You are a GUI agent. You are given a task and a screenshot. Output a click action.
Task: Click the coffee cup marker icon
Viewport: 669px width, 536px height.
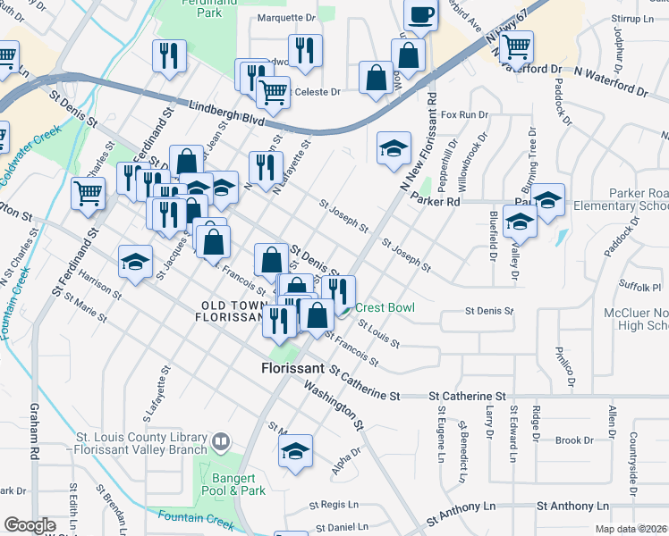(420, 15)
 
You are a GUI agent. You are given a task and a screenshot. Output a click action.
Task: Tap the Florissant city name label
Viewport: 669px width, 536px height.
(292, 367)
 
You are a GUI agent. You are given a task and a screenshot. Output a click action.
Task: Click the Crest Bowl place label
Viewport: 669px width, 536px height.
(385, 307)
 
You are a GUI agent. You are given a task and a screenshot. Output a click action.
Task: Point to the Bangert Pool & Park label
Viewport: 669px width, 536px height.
(239, 484)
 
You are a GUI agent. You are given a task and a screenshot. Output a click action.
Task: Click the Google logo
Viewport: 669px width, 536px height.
(30, 525)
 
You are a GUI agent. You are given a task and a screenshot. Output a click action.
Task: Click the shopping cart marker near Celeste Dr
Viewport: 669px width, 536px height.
(272, 90)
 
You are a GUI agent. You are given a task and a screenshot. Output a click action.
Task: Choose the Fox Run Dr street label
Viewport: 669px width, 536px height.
(464, 115)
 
